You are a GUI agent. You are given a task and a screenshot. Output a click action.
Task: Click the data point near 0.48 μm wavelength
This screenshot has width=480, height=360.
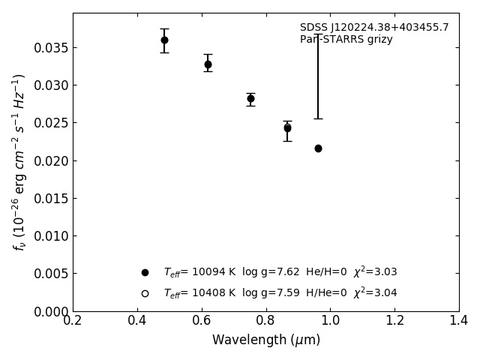tap(164, 40)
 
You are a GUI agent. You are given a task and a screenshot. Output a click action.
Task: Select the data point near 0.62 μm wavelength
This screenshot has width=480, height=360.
tap(208, 64)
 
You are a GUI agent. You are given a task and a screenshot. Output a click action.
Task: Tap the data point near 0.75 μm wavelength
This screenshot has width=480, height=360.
tap(250, 98)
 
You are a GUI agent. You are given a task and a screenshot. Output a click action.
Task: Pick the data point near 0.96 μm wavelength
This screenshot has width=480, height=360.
tap(318, 148)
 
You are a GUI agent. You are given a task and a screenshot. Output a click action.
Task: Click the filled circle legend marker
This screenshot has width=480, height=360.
tap(145, 272)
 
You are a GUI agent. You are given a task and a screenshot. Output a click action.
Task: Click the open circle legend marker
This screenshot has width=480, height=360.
tap(145, 293)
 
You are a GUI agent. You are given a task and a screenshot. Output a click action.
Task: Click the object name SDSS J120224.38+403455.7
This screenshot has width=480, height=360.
tap(374, 28)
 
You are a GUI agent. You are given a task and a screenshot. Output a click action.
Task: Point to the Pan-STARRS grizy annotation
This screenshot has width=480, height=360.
tap(346, 40)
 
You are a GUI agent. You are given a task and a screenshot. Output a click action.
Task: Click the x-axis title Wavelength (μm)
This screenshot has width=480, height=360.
tap(265, 340)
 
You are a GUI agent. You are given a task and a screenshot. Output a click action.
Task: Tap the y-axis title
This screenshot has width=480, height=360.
tap(19, 162)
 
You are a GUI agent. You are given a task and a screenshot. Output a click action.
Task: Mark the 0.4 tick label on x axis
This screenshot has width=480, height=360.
tap(137, 321)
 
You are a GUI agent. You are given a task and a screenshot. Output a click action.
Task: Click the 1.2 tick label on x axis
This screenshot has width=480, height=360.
tap(394, 321)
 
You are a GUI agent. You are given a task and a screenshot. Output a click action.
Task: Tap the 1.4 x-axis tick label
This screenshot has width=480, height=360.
tap(459, 321)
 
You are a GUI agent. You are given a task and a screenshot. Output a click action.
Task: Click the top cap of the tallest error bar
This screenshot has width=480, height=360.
tap(318, 34)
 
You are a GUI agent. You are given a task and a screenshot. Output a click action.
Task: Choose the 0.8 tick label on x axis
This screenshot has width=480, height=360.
tap(265, 321)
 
